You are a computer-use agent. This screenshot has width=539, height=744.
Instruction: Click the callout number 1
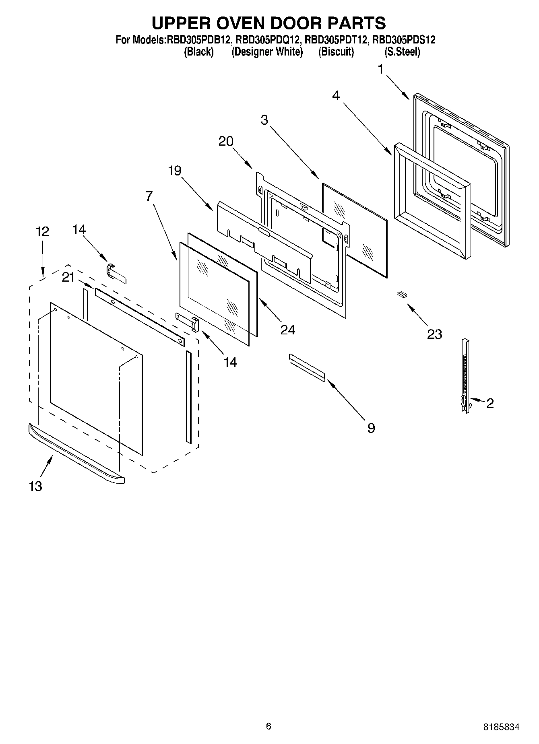pos(380,69)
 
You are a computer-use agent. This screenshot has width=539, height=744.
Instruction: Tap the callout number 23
pos(434,334)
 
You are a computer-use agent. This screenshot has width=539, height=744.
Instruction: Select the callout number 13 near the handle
pos(35,486)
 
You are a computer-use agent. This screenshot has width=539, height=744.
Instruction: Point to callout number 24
pos(288,330)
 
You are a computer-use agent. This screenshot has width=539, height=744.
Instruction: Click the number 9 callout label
pos(371,428)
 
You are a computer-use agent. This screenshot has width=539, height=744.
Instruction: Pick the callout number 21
pos(68,277)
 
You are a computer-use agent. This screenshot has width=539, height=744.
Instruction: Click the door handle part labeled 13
pos(76,455)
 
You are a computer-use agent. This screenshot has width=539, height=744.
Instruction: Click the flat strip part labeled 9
pos(307,367)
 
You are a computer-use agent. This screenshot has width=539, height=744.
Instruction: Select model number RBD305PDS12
pos(403,40)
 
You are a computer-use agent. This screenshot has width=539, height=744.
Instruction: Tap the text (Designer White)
pos(267,52)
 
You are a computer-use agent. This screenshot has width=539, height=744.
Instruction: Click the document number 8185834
pos(501,727)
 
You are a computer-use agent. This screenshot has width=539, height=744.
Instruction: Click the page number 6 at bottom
pos(268,726)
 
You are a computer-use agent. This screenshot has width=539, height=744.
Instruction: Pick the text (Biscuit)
pos(336,52)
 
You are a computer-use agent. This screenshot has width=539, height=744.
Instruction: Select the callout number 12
pos(42,232)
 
